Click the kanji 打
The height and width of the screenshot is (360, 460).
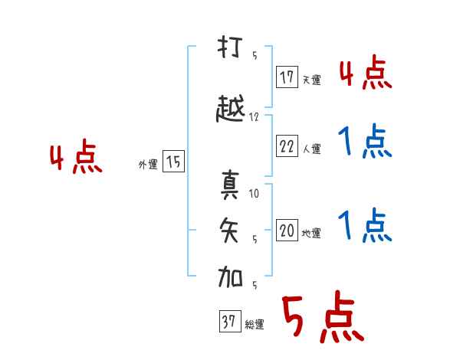[x=230, y=47]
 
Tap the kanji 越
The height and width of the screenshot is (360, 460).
[x=230, y=108]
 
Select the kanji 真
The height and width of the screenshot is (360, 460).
[x=230, y=185]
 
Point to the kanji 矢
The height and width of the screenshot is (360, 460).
[x=229, y=230]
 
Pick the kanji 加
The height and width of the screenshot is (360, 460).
[x=230, y=277]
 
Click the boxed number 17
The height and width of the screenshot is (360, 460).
[x=287, y=77]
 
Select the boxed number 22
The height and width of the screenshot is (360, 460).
[x=287, y=146]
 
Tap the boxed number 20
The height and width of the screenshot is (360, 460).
[x=287, y=230]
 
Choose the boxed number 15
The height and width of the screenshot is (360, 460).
[x=173, y=161]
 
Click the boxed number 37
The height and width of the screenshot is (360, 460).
[x=230, y=321]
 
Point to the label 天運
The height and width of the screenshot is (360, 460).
[x=311, y=80]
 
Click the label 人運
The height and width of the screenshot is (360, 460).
[x=311, y=149]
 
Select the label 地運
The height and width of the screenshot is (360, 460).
[x=311, y=233]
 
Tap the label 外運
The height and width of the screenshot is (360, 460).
[x=148, y=165]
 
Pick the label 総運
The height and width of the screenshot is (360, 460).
[x=255, y=324]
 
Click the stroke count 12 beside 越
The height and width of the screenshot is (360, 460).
[x=254, y=117]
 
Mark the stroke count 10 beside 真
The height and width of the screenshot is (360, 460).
[x=254, y=193]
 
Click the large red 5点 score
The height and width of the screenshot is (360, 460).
[x=324, y=316]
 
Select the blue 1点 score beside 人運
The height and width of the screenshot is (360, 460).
[x=365, y=141]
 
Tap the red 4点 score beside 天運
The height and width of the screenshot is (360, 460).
[x=366, y=72]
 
